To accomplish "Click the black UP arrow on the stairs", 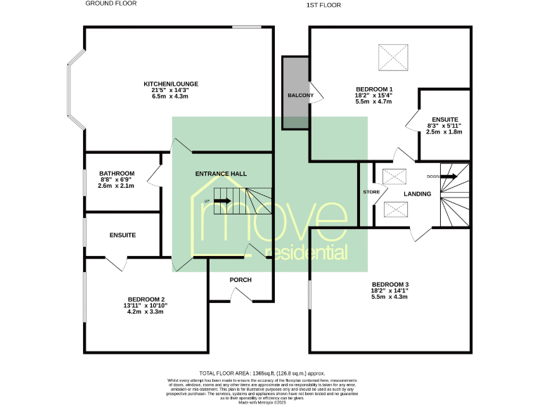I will point(223,201).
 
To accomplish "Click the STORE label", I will point(371,191).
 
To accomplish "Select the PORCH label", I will point(240,280).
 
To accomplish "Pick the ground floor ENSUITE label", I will point(122,235).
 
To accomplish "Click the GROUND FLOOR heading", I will point(110,4).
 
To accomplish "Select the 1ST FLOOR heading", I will point(323,5).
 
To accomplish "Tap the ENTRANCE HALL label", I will point(221,173).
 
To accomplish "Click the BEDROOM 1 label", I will point(373,89).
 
